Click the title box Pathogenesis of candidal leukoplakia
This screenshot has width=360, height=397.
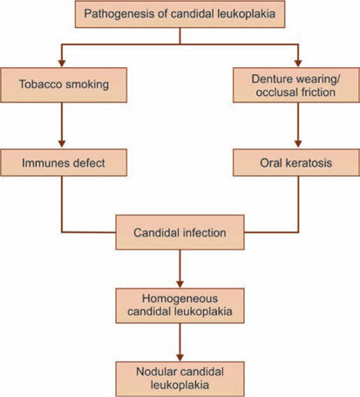180,14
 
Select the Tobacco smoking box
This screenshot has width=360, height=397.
64,85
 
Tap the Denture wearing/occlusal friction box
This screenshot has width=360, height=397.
296,85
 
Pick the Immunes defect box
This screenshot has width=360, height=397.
64,162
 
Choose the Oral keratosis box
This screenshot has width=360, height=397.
296,162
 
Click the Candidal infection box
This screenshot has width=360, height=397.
180,232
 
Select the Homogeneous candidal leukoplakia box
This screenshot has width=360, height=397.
180,305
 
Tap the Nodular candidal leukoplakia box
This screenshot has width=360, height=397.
180,380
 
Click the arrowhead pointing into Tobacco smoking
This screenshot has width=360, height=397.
62,64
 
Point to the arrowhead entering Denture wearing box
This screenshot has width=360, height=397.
298,64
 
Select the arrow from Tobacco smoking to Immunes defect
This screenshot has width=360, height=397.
62,125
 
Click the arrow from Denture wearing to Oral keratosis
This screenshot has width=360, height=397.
298,125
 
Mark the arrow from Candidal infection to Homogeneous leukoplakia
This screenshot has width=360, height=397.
180,269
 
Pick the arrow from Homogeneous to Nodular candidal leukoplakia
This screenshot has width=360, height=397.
180,342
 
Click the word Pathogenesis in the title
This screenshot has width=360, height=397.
119,14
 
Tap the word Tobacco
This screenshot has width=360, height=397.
40,85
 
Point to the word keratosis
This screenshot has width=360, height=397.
309,162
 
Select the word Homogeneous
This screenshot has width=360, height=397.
180,298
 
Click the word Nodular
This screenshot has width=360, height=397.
157,372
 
